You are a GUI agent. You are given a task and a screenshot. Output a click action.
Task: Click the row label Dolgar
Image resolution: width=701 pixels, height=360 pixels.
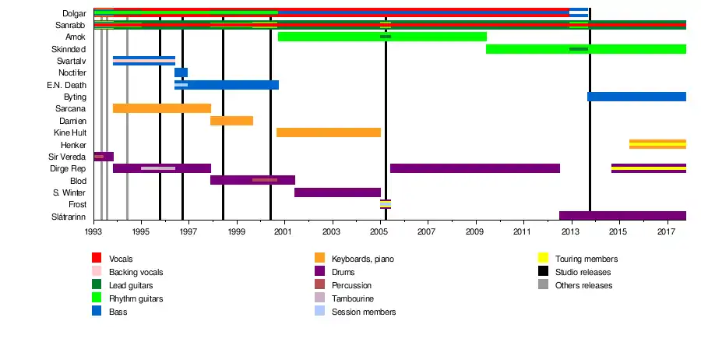pyautogui.click(x=75, y=13)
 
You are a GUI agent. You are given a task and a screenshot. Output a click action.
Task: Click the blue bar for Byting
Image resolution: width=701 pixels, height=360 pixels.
pyautogui.click(x=636, y=97)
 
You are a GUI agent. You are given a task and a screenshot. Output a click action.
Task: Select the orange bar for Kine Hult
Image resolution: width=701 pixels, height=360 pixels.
pyautogui.click(x=329, y=132)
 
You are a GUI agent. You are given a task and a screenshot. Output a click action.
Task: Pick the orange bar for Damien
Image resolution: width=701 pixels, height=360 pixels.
pyautogui.click(x=231, y=121)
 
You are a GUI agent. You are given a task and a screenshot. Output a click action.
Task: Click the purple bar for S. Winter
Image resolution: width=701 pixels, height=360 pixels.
pyautogui.click(x=337, y=192)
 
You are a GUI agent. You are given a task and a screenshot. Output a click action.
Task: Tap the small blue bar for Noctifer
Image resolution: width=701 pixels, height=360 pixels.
pyautogui.click(x=181, y=72)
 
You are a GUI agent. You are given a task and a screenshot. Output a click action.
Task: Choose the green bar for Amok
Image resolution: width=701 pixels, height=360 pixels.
pyautogui.click(x=382, y=37)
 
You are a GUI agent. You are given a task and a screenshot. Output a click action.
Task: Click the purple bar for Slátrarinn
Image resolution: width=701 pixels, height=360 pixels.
pyautogui.click(x=622, y=216)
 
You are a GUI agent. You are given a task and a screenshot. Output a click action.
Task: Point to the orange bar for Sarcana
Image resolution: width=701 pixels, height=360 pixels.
pyautogui.click(x=162, y=108)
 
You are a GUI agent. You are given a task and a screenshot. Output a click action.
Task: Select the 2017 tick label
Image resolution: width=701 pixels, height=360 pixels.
pyautogui.click(x=666, y=231)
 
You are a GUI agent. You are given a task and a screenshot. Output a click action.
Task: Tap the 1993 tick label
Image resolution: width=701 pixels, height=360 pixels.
pyautogui.click(x=93, y=231)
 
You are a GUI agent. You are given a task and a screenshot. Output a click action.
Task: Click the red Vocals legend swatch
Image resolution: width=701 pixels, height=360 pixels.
pyautogui.click(x=97, y=259)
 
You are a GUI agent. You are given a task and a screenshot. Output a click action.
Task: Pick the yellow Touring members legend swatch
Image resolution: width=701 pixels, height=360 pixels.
pyautogui.click(x=543, y=259)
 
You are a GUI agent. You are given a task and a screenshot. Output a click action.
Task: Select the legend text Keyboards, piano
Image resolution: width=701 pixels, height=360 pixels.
pyautogui.click(x=363, y=259)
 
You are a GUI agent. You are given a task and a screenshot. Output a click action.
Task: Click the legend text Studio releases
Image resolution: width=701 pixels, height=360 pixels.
pyautogui.click(x=583, y=272)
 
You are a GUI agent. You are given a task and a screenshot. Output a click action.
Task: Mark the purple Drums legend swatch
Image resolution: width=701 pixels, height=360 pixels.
pyautogui.click(x=319, y=272)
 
